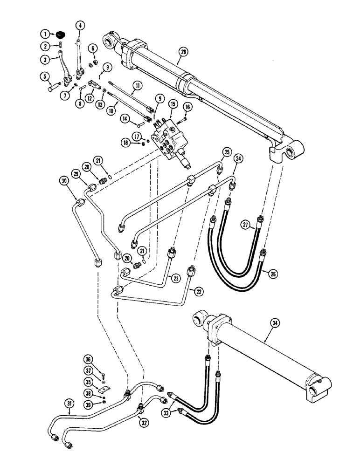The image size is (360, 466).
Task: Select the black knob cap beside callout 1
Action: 60,34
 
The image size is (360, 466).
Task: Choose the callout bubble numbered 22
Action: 199,292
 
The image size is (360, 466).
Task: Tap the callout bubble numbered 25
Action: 227,152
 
